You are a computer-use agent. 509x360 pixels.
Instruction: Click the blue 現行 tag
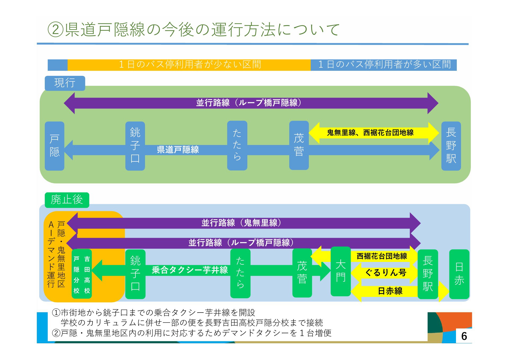(x=65, y=83)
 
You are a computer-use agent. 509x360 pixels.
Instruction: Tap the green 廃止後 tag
(x=67, y=200)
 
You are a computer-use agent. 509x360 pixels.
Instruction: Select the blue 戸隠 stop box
(x=55, y=146)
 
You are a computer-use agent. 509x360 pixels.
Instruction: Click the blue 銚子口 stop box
(x=135, y=146)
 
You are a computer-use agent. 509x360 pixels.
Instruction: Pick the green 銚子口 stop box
(x=135, y=274)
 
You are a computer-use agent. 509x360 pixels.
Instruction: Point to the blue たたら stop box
(x=237, y=146)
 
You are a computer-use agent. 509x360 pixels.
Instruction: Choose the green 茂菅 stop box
(x=302, y=273)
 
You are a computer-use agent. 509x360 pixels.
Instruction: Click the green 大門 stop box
(x=341, y=271)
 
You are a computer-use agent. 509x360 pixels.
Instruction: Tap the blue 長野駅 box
(x=451, y=146)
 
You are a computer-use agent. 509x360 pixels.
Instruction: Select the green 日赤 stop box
(x=459, y=274)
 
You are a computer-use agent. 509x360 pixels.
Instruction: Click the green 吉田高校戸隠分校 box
(x=82, y=274)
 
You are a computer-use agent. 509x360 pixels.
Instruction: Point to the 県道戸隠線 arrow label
(x=178, y=150)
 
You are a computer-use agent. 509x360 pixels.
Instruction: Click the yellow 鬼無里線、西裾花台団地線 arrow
(x=374, y=133)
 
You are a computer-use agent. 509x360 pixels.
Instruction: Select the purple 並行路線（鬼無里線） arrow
(x=243, y=223)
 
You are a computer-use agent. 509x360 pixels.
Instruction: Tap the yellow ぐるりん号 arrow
(x=384, y=273)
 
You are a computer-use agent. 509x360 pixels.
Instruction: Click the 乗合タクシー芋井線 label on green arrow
(x=190, y=270)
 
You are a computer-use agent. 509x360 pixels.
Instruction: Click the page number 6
(x=464, y=336)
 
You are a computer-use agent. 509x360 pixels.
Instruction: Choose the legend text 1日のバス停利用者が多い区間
(x=385, y=64)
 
